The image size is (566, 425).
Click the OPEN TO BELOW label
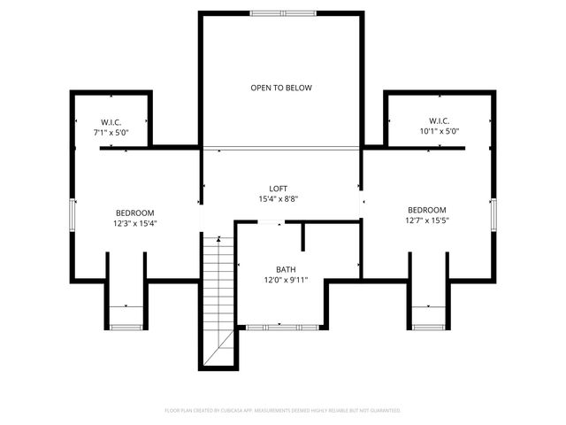pos(280,88)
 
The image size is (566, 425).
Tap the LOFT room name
pos(279,189)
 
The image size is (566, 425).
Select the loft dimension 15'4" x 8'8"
pos(279,199)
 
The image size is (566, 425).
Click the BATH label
pos(285,269)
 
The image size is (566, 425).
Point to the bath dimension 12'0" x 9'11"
pos(285,280)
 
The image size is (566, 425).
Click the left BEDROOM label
pos(135,212)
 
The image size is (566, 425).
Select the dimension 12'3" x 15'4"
pos(135,223)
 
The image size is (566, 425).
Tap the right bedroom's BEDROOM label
pos(427,210)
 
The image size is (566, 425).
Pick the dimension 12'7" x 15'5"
pos(427,220)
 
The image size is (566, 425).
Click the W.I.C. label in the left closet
pos(111,121)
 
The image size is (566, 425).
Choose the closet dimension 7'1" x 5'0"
pos(111,132)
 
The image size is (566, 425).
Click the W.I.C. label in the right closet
pos(440,120)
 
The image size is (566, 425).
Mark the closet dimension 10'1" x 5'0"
pos(440,131)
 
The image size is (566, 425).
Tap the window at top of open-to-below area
pos(280,13)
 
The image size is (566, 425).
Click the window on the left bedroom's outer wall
pos(73,214)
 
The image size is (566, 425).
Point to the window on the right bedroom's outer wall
pos(493,214)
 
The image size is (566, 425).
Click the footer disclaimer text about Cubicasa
pos(283,411)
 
